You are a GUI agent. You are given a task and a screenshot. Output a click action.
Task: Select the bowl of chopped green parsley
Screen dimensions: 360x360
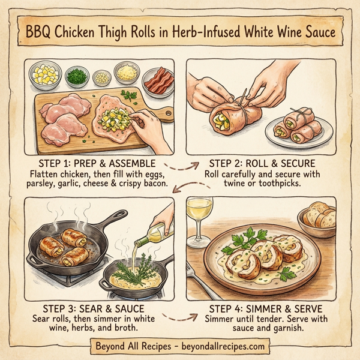click(x=76, y=76)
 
